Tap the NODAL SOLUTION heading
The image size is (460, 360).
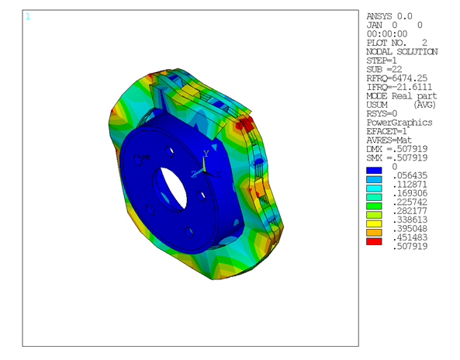(x=401, y=52)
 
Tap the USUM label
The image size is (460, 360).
(x=378, y=105)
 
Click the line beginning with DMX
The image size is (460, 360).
(x=394, y=150)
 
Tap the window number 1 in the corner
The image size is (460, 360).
(x=29, y=16)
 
